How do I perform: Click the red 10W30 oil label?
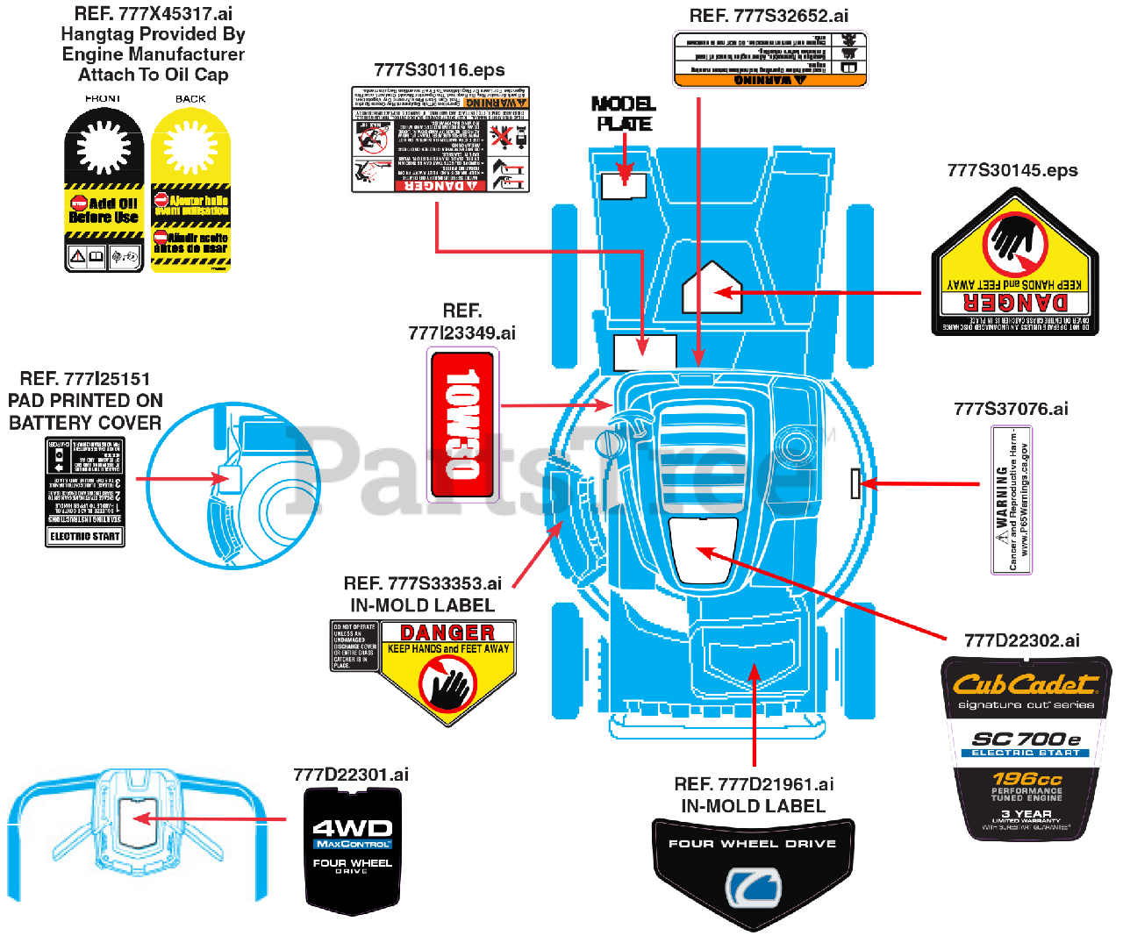click(x=461, y=425)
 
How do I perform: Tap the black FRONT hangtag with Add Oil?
click(x=104, y=190)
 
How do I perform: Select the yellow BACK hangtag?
click(x=190, y=190)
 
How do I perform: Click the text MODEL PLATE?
click(x=624, y=114)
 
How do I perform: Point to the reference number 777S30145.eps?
click(x=1012, y=170)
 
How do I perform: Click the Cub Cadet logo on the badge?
click(x=1025, y=684)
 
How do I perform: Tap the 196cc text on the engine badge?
click(x=1026, y=778)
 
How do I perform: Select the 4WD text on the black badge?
click(x=353, y=827)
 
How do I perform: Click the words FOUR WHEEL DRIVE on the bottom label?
click(x=753, y=844)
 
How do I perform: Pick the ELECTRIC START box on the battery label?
click(x=85, y=536)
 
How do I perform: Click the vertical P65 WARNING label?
click(x=1012, y=500)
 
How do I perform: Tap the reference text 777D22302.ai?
click(x=1021, y=640)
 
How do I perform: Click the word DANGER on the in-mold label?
click(x=447, y=632)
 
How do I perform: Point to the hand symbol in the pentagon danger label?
click(x=1015, y=241)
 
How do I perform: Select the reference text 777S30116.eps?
click(x=439, y=70)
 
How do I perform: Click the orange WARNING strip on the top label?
click(x=769, y=80)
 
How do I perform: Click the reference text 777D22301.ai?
click(x=351, y=775)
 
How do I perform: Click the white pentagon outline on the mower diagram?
click(x=712, y=289)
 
